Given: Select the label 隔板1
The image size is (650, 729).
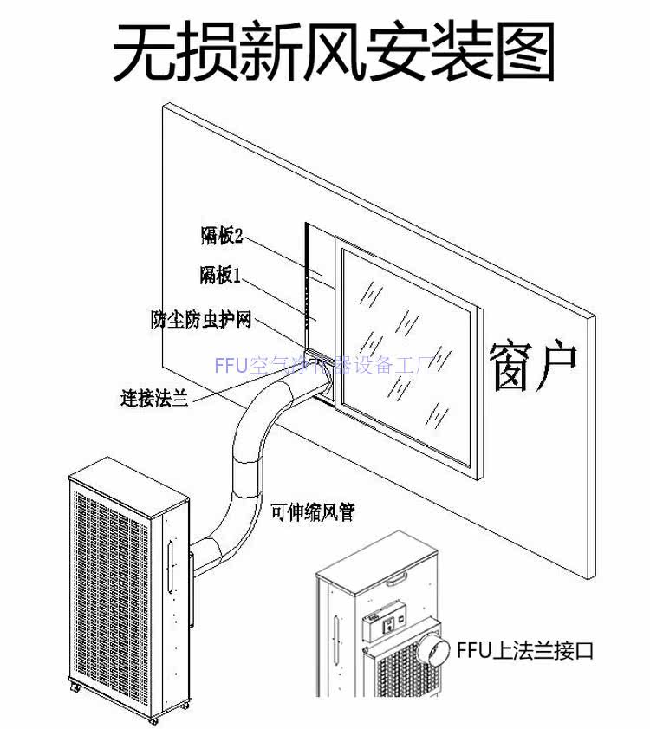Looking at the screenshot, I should click(x=220, y=276).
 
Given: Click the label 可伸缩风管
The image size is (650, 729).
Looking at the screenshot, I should click(x=312, y=511).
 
